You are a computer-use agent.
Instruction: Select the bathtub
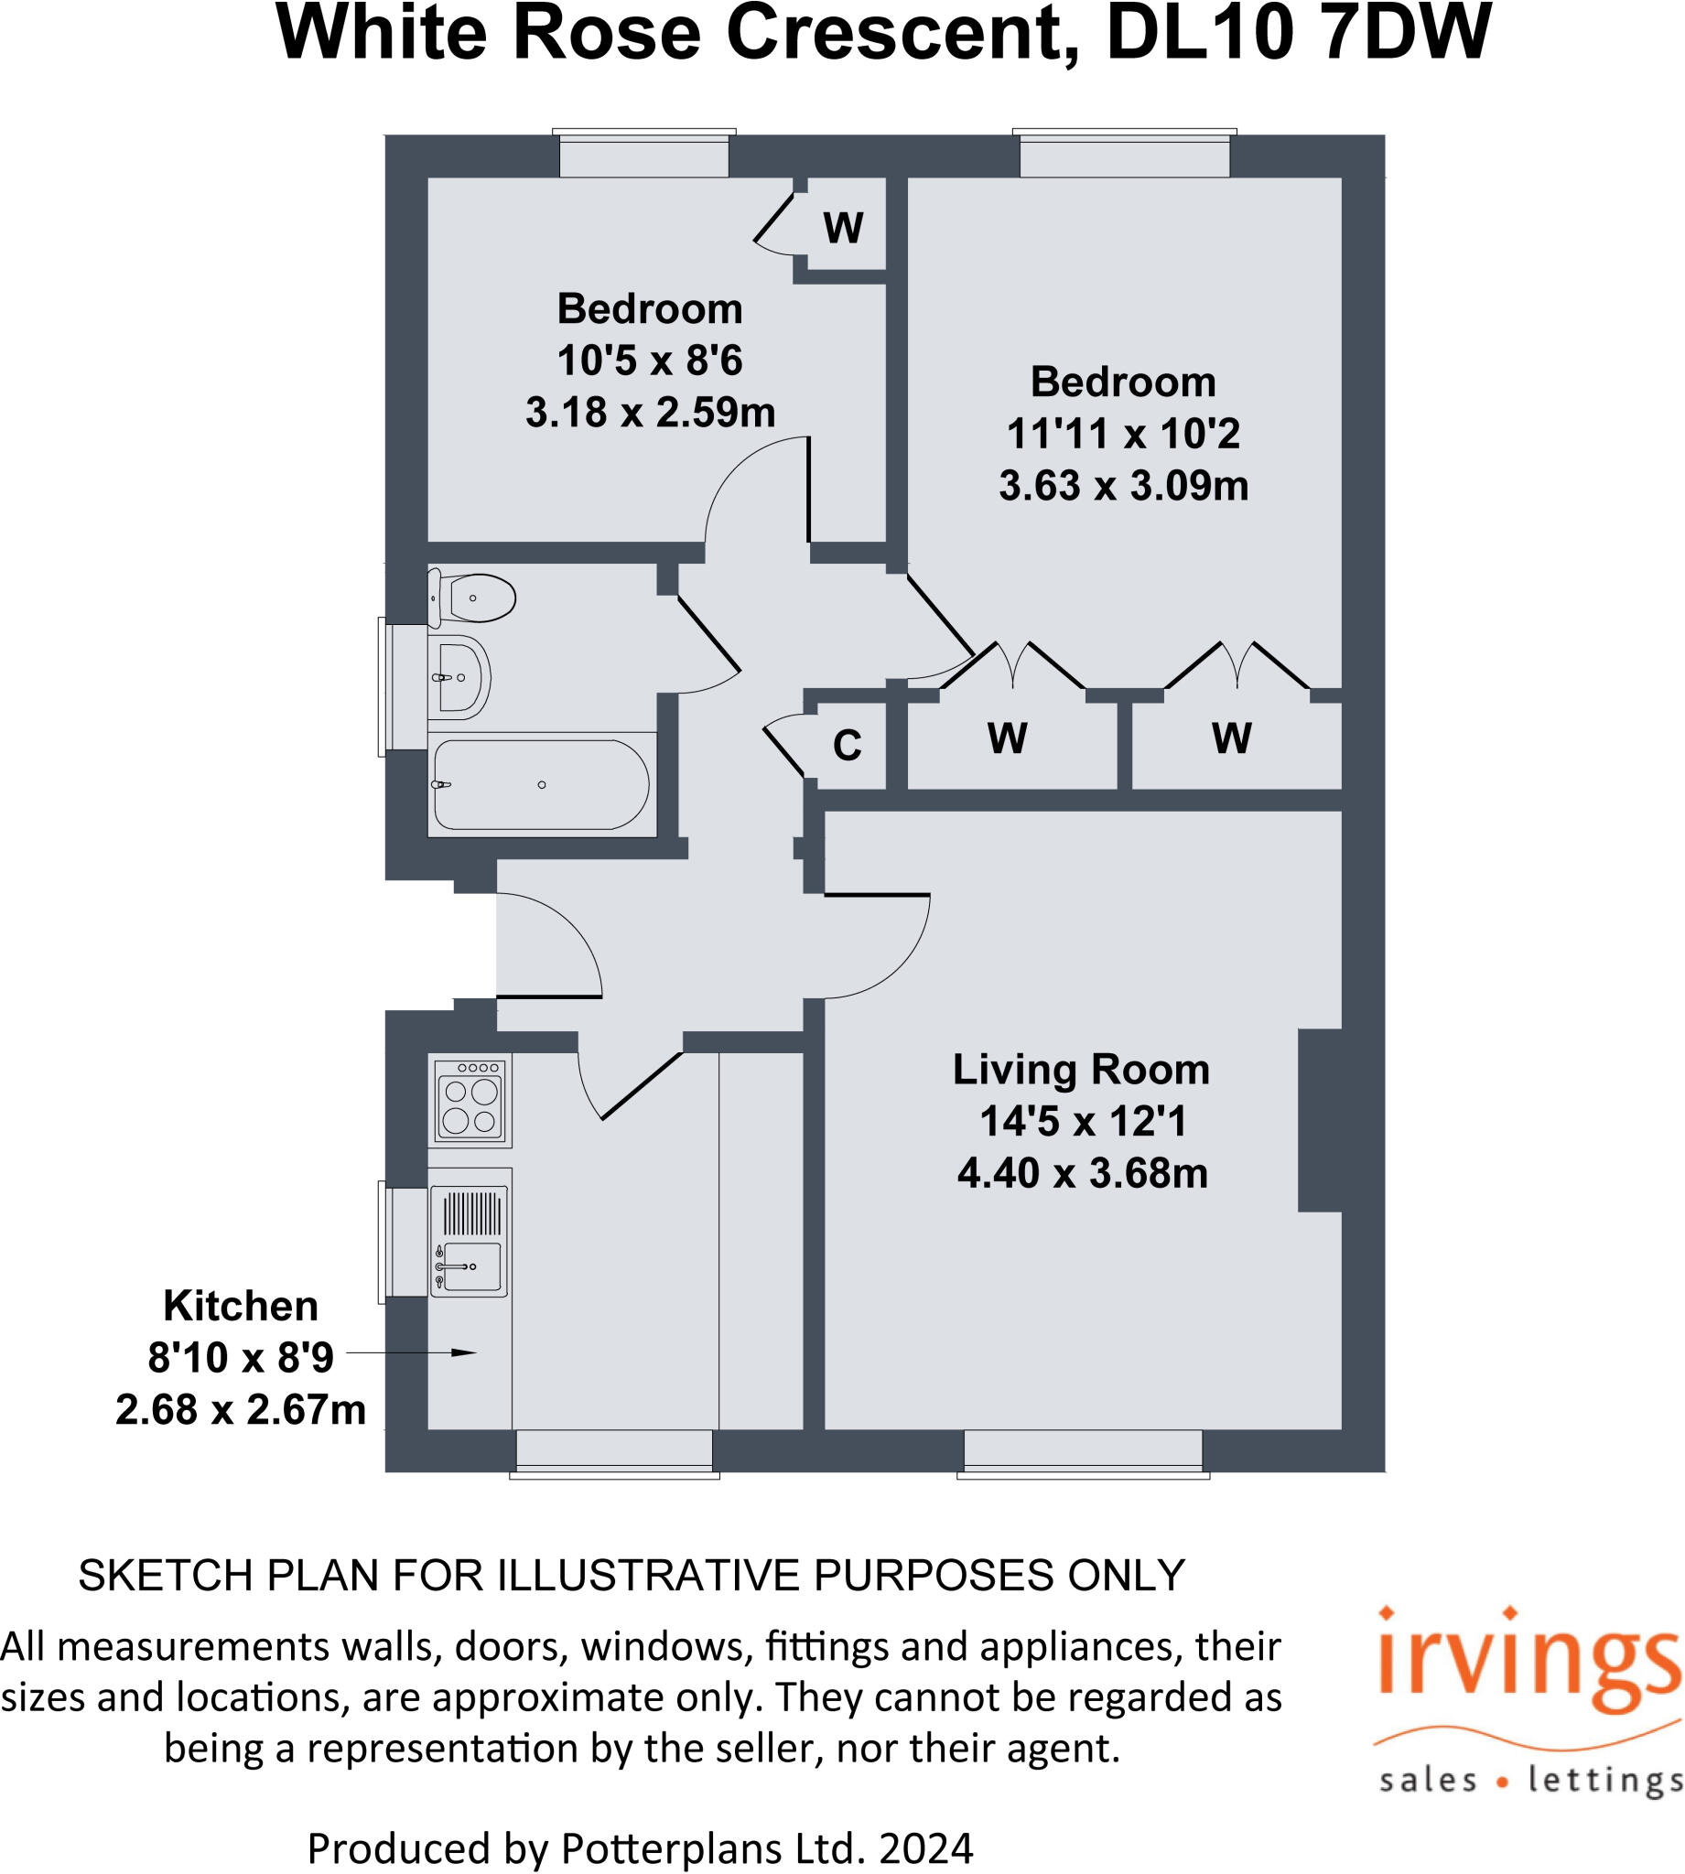(542, 785)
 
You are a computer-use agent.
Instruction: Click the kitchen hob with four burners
(470, 1103)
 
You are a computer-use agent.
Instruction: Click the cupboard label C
(848, 746)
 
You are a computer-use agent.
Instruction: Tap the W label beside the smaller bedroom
(842, 228)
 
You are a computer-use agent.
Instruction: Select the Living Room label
(1081, 1070)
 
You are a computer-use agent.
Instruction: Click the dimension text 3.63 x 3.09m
(1123, 486)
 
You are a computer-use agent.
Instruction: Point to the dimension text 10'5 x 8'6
(649, 361)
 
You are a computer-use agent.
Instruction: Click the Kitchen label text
(241, 1306)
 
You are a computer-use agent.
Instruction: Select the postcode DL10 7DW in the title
(1298, 33)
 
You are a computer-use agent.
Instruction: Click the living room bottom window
(1084, 1450)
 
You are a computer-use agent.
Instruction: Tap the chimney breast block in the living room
(1319, 1120)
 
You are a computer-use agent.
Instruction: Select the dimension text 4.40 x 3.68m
(1082, 1173)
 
